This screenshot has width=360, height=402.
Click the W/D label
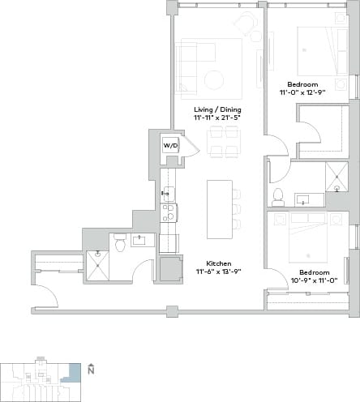[x=170, y=146]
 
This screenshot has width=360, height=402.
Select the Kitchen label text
[x=218, y=264]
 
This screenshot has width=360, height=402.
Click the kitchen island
[x=219, y=208]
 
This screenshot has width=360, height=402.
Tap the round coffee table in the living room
[x=215, y=80]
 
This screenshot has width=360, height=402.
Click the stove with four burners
[x=169, y=213]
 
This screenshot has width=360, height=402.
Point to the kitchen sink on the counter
[x=168, y=193]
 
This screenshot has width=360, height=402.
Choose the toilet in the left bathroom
[x=119, y=242]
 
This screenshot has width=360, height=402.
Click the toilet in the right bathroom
[x=278, y=196]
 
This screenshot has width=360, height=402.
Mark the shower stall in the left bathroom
[x=97, y=264]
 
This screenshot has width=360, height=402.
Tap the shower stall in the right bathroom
[x=336, y=176]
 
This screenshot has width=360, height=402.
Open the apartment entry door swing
[x=45, y=296]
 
